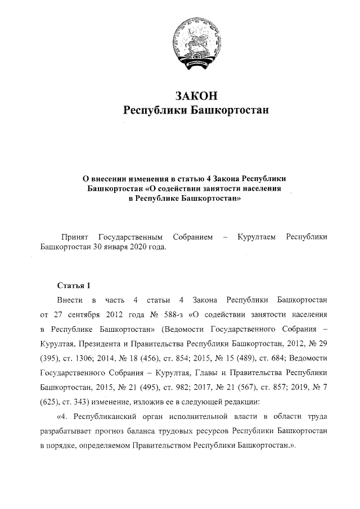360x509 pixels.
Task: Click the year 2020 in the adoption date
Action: tap(137, 247)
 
